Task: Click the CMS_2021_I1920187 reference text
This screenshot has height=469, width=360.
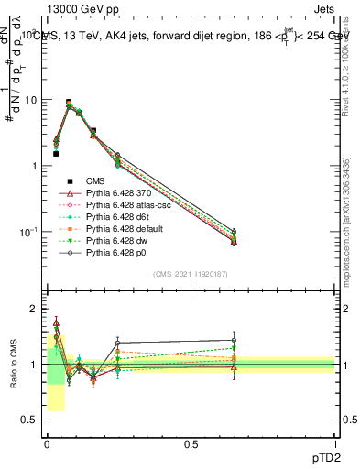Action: click(x=191, y=275)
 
